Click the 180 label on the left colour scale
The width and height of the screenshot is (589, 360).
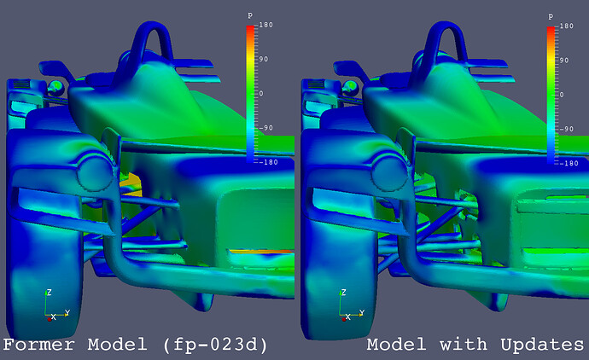click(x=265, y=26)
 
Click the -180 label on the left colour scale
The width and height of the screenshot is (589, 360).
click(x=267, y=162)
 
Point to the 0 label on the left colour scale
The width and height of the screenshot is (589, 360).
click(x=261, y=94)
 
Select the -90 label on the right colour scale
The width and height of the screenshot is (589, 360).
click(x=564, y=128)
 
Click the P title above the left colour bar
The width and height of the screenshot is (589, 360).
click(x=249, y=16)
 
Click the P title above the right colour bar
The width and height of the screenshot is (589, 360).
click(x=549, y=16)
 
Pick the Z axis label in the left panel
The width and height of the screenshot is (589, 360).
click(x=49, y=292)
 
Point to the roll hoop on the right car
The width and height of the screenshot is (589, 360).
click(x=448, y=34)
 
